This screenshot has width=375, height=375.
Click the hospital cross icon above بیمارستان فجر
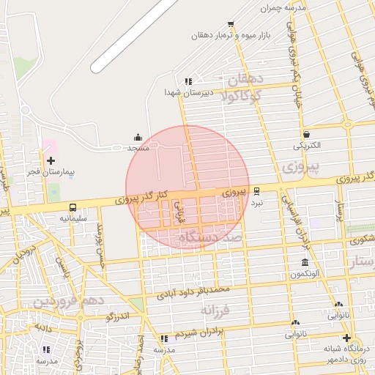coord(51,160)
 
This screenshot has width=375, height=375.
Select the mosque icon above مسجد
coord(138,137)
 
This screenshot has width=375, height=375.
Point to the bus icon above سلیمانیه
coord(73,208)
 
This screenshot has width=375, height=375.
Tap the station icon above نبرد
coord(256,190)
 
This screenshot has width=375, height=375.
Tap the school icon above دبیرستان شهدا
coord(188,81)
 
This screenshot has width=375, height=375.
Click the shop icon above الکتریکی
coord(306,135)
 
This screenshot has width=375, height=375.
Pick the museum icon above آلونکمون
coord(305,263)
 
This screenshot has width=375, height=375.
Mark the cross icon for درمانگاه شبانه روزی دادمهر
coord(346,338)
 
